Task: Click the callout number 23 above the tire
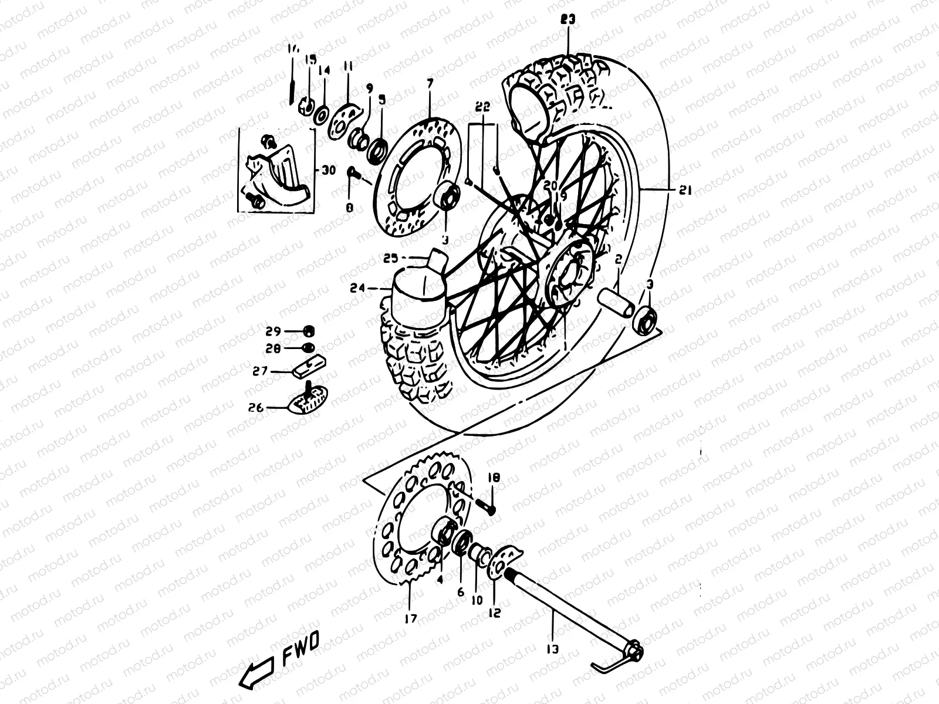[568, 20]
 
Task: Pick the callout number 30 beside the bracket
[327, 171]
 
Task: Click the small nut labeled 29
[310, 330]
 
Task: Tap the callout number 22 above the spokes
[482, 107]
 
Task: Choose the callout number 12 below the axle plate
[494, 612]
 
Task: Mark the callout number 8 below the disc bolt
[350, 207]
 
